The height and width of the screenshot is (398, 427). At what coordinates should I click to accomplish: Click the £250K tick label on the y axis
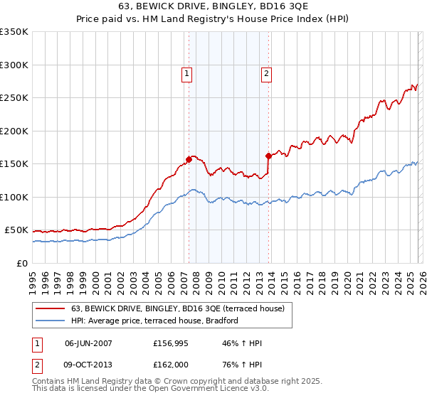14,98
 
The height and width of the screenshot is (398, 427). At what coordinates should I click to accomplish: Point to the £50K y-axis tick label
16,230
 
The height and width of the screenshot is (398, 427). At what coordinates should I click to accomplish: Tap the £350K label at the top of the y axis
14,32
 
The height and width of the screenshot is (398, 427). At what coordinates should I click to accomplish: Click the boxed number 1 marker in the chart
186,72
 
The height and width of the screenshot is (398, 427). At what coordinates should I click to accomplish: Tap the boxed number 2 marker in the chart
266,72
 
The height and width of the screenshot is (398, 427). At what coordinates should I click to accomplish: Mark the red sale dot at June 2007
189,159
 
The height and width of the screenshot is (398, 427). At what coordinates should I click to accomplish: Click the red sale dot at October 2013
268,156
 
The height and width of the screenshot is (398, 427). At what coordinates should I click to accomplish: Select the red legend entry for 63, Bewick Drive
177,308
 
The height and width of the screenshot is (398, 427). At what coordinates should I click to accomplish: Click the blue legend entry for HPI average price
157,321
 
